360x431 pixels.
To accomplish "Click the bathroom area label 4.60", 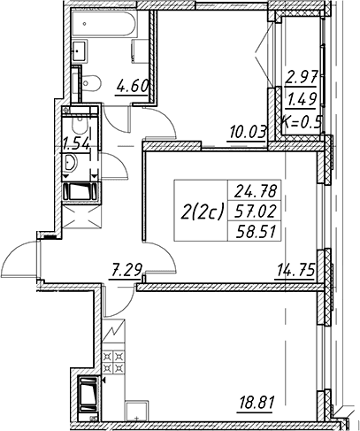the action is (133, 87).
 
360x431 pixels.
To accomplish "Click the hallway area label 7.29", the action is (126, 270).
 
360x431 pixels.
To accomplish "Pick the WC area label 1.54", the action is (76, 144).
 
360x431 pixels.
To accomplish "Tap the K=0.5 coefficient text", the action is (301, 121).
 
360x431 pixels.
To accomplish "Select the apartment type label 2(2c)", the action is (203, 212).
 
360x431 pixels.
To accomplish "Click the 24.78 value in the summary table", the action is (254, 191).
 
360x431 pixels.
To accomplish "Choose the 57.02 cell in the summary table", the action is (254, 211).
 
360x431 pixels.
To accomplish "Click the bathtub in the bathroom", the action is (103, 24).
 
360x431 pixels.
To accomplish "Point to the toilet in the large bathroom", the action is (90, 81).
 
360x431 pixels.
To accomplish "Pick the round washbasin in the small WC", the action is (70, 163).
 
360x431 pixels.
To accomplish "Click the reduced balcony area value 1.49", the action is (303, 99).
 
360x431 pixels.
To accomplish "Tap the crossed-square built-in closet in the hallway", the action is (80, 217).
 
